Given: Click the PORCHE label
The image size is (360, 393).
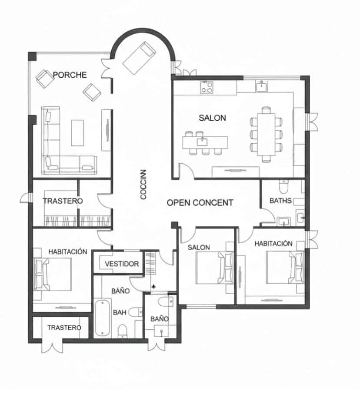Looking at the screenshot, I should [x=70, y=75].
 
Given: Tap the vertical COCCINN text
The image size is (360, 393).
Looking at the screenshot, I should [x=143, y=185].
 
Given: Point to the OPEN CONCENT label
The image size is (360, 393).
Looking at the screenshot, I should [x=200, y=202].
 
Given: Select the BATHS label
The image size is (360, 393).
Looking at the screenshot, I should [x=280, y=201].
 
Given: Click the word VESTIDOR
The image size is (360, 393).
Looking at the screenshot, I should [x=122, y=264].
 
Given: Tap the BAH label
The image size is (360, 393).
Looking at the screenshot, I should [x=120, y=312].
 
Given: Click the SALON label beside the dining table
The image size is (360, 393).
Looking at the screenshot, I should [x=212, y=118].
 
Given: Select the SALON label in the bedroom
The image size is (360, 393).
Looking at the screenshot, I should [x=199, y=248].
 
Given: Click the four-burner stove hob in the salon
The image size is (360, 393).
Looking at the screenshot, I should [x=207, y=88].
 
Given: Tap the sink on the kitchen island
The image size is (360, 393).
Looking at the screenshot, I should [x=203, y=141].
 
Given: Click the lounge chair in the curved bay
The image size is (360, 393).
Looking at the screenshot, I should [x=139, y=56].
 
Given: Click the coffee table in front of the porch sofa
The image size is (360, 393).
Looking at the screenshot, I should [x=79, y=132].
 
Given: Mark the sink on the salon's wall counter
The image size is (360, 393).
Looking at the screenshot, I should [x=262, y=86].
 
